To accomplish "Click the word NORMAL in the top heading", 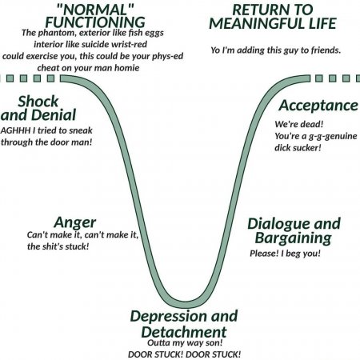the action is click(x=95, y=10).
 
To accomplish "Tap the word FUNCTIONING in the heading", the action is click(x=95, y=22).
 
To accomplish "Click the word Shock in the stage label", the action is click(x=38, y=102).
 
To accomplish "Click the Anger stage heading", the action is click(x=74, y=223).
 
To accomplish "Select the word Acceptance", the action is click(x=318, y=106).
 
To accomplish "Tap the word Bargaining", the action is click(x=294, y=238).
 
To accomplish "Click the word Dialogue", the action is click(x=278, y=224).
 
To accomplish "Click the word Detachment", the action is click(x=184, y=332).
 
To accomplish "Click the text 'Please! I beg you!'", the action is click(x=285, y=254).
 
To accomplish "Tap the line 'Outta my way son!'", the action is click(x=185, y=342).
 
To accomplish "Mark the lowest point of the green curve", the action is click(x=185, y=304).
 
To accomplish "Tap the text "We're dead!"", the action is click(x=299, y=124).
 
